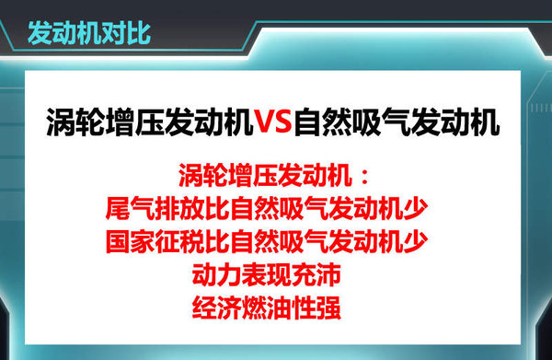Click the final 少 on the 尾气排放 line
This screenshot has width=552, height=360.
(415, 206)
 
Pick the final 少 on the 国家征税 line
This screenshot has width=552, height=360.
(415, 240)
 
